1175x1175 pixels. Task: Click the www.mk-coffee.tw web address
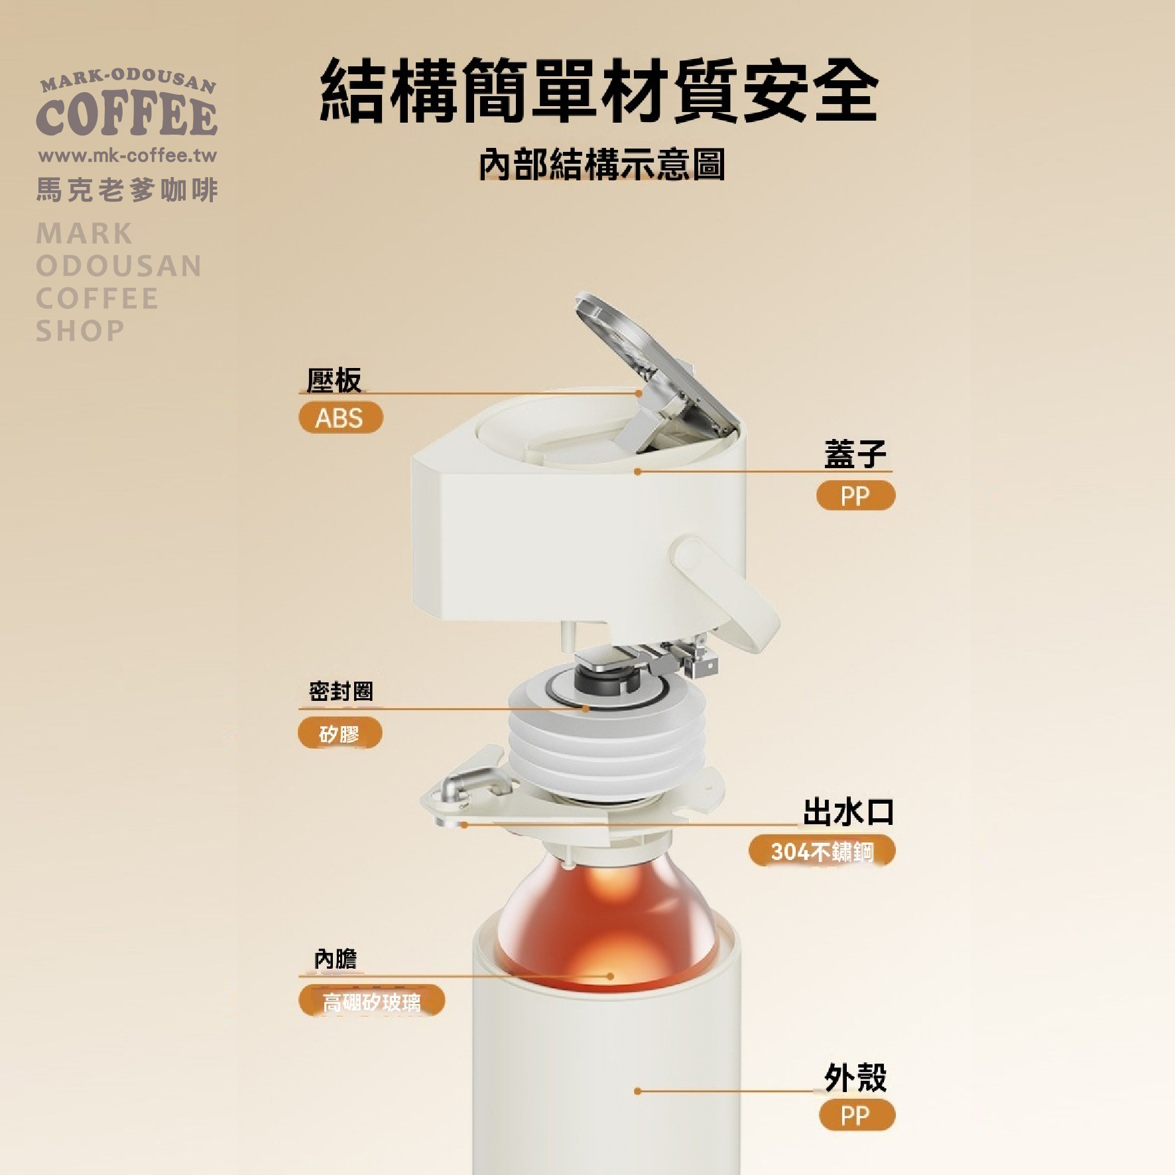128,156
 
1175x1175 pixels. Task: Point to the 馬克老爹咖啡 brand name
127,190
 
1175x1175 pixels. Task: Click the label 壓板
334,381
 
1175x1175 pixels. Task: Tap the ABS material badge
340,418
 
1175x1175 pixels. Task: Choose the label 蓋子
855,454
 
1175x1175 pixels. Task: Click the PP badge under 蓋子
855,495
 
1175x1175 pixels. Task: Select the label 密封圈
341,692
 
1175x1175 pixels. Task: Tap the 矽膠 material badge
340,733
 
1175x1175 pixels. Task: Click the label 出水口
848,812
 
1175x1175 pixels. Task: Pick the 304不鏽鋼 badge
822,851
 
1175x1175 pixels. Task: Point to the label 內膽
336,959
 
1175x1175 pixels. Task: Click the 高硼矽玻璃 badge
371,1001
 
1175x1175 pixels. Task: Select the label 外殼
855,1078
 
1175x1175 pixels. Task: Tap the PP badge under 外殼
857,1115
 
